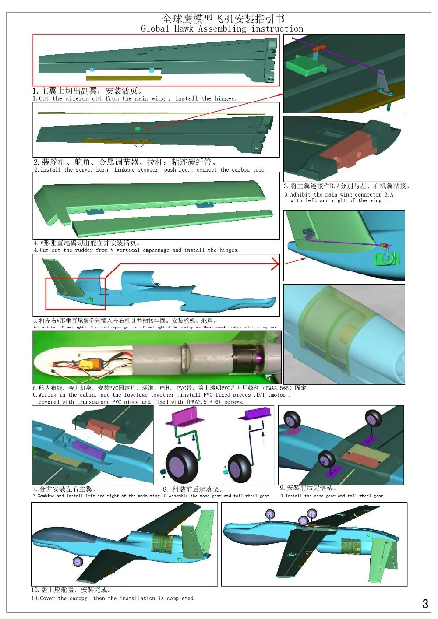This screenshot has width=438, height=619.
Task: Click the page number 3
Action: click(424, 604)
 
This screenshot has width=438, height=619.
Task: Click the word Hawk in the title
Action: click(184, 29)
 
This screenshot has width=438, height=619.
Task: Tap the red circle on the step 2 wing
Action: click(139, 135)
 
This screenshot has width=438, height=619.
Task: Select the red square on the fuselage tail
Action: click(76, 293)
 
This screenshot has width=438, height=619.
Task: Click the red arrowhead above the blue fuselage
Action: click(276, 264)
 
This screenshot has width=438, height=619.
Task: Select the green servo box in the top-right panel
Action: click(305, 67)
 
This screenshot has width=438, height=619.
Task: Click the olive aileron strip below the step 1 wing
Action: click(124, 78)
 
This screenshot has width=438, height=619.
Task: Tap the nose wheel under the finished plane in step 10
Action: click(78, 562)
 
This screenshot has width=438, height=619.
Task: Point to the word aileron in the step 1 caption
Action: click(77, 99)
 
